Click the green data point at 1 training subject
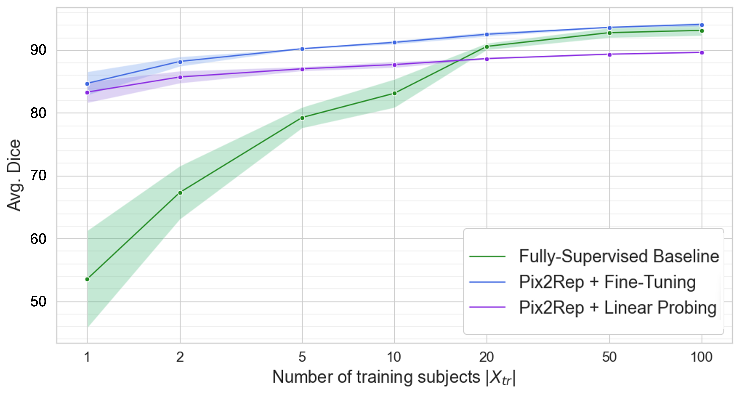87,279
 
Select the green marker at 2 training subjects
180,193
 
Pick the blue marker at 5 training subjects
302,49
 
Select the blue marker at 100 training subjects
702,25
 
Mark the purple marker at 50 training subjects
609,54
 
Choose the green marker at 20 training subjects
487,46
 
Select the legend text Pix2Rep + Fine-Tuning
607,282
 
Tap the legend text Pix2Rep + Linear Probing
617,307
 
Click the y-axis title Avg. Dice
14,175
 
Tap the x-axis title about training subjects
394,377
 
